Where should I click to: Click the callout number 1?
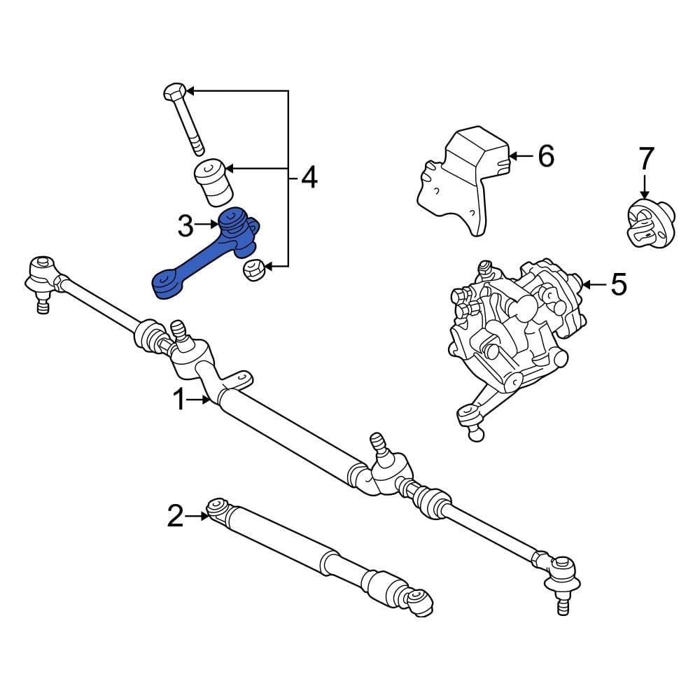pos(180,400)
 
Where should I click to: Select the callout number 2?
pos(175,517)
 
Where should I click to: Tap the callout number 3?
pos(185,225)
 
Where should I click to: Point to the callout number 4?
pos(309,178)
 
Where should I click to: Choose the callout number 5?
pos(619,284)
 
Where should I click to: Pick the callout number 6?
pos(545,155)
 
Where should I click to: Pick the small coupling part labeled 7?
pos(648,222)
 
